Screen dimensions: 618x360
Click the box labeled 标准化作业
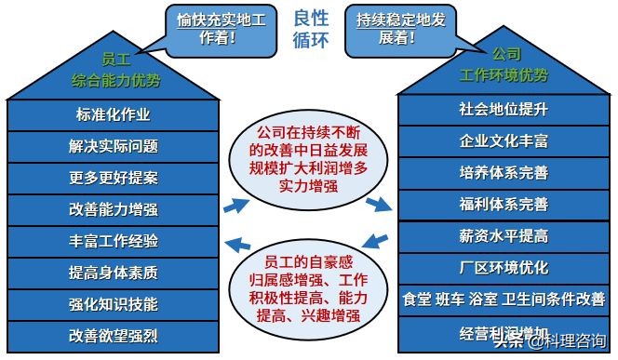coord(113,115)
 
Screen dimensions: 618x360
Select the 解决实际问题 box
coord(113,146)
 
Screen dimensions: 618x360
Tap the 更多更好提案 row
coord(113,178)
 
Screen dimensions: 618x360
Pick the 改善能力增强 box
coord(113,209)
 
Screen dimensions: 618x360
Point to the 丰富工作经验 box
coord(113,241)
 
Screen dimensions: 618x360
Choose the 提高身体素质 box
coord(113,273)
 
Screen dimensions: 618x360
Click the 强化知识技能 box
coord(113,304)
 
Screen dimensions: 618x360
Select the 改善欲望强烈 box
coord(113,335)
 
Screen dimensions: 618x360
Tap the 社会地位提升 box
coord(504,110)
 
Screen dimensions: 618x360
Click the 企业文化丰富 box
coord(504,141)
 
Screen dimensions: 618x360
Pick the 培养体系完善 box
coord(504,173)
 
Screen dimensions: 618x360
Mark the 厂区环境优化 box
coord(504,268)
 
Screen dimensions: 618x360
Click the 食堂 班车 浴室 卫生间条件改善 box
coord(504,300)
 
